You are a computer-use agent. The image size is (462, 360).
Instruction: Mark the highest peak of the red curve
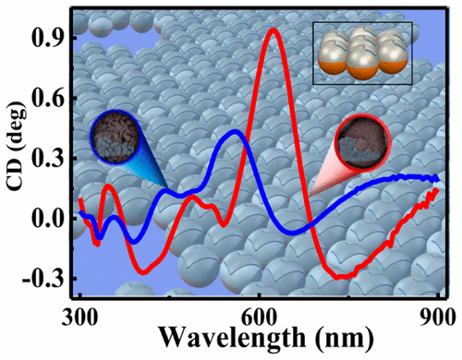(272, 30)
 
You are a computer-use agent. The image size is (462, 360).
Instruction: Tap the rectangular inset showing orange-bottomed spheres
(361, 54)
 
